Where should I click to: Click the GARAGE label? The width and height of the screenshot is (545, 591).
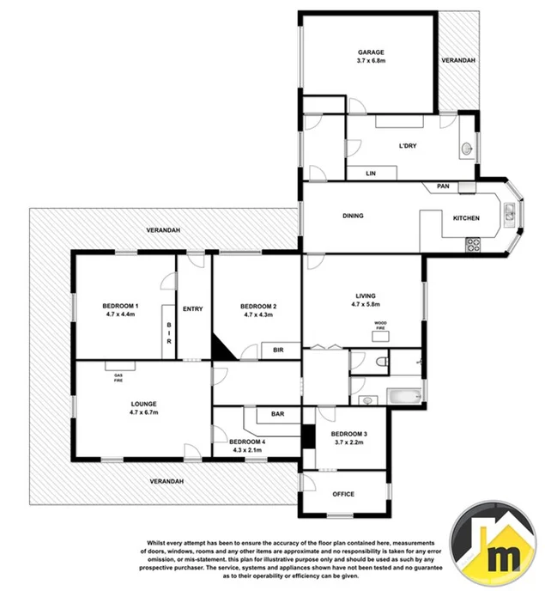point(370,52)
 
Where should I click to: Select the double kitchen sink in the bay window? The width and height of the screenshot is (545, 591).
point(509,211)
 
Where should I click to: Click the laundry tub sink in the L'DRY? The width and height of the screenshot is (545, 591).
point(466,149)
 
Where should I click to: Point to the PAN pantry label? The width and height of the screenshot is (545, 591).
point(443,186)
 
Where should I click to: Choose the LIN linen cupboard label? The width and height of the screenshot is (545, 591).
point(371,173)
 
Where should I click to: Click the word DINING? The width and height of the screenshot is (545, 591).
point(354,216)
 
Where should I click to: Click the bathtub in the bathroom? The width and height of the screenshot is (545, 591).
point(403,398)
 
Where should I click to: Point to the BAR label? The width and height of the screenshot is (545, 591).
point(278,413)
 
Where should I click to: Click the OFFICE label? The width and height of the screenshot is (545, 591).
point(343,494)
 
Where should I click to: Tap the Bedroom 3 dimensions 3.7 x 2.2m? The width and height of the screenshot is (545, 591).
point(348,442)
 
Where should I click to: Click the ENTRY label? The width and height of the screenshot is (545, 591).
point(192,308)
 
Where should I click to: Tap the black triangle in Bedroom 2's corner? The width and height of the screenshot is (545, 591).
point(223,348)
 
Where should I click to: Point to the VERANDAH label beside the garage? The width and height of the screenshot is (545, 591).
point(457,61)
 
